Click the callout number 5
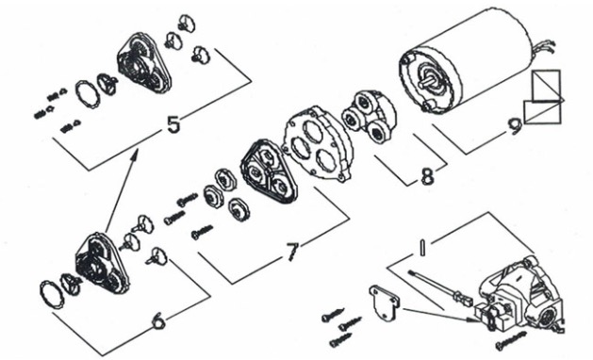tap(173, 124)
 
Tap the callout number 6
tap(158, 321)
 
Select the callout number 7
tap(292, 252)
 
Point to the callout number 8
tap(427, 176)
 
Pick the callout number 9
tap(515, 126)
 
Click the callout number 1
tap(422, 247)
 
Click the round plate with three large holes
tap(318, 143)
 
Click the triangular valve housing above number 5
tap(143, 63)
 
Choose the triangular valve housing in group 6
tap(102, 264)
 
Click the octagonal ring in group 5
tap(88, 94)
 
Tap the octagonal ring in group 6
tap(52, 295)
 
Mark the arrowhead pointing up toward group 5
tap(134, 154)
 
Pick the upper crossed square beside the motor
tap(546, 86)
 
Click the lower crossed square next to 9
tap(541, 112)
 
